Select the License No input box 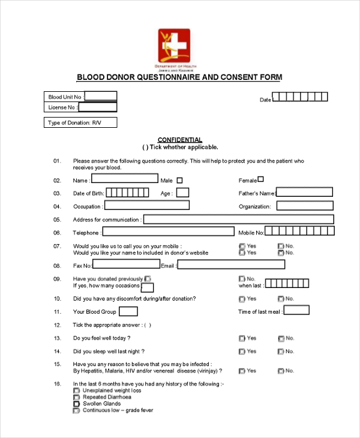(98, 107)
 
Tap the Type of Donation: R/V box (80, 123)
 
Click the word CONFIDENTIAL (180, 140)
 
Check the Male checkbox (180, 180)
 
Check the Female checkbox (260, 179)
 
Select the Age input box (183, 193)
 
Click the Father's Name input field (304, 193)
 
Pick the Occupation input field (147, 205)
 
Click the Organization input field (304, 206)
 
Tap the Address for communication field (238, 219)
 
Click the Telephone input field (168, 232)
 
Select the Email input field (231, 265)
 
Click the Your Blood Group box (128, 311)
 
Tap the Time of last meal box (296, 310)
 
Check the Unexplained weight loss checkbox (76, 391)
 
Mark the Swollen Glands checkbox (76, 404)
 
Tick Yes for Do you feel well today (242, 338)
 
